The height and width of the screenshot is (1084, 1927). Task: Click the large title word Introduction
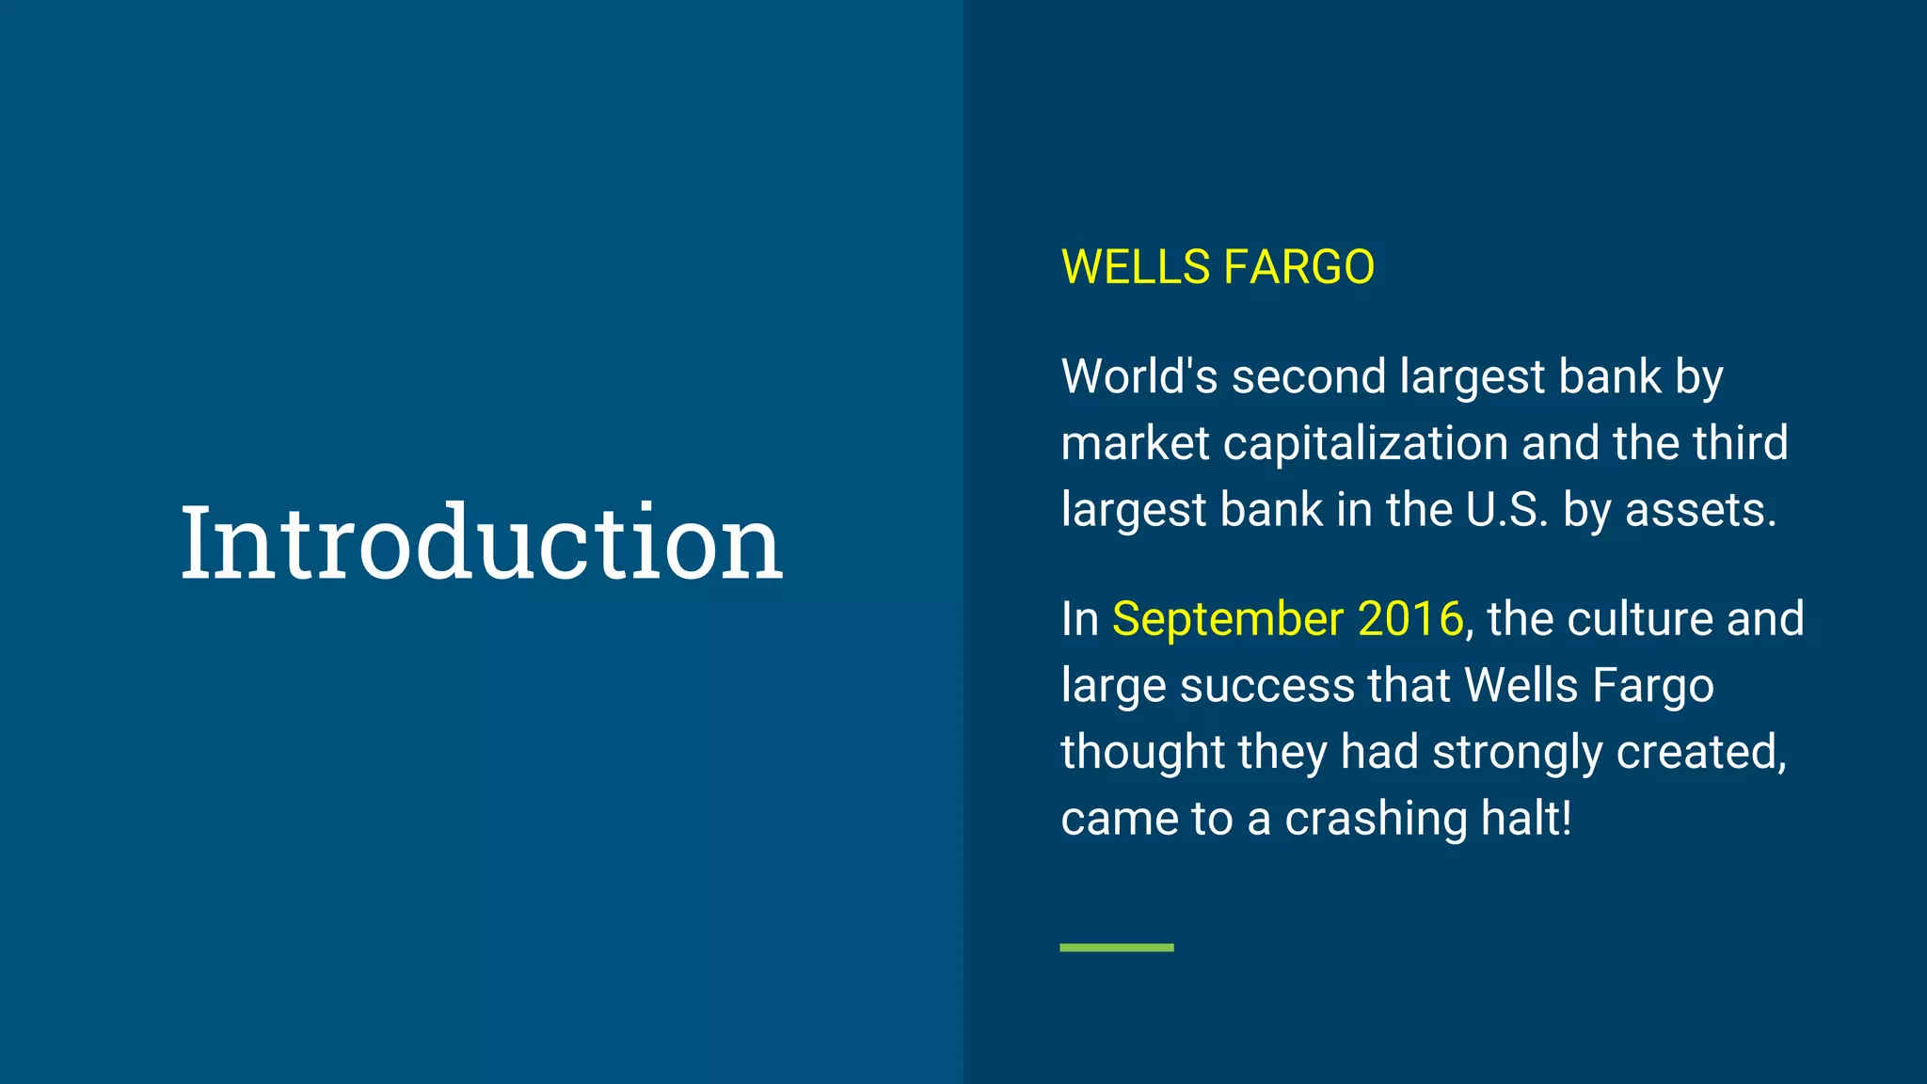pyautogui.click(x=481, y=543)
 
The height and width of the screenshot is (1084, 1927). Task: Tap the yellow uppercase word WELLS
pyautogui.click(x=1135, y=267)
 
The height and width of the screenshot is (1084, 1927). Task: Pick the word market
pyautogui.click(x=1135, y=443)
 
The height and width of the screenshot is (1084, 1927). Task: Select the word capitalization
pyautogui.click(x=1365, y=443)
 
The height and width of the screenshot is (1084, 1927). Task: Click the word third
pyautogui.click(x=1740, y=443)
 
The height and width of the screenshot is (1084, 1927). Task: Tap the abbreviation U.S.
pyautogui.click(x=1506, y=510)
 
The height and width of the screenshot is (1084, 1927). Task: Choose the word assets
pyautogui.click(x=1700, y=510)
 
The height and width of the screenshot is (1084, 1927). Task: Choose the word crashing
pyautogui.click(x=1376, y=819)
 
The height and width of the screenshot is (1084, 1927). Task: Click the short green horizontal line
pyautogui.click(x=1117, y=948)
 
